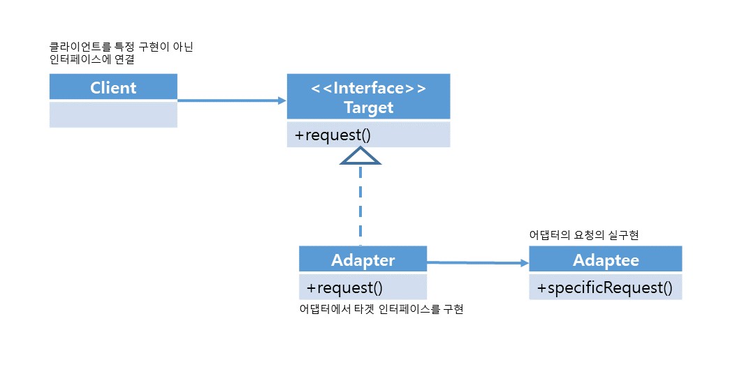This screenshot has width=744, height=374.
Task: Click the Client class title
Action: click(113, 88)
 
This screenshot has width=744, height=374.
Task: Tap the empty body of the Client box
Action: click(113, 114)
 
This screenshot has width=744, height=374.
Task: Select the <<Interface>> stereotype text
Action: click(368, 88)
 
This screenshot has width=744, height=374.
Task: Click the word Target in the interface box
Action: click(369, 107)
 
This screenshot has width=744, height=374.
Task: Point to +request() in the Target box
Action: click(333, 135)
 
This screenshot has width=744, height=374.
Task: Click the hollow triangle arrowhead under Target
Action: click(360, 156)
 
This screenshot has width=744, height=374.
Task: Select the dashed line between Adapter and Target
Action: click(360, 205)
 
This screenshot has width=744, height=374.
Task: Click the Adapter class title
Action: click(363, 260)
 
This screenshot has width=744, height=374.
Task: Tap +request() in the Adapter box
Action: click(344, 287)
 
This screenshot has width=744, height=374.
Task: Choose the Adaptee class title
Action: click(606, 260)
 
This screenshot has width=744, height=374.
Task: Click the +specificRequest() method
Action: click(605, 287)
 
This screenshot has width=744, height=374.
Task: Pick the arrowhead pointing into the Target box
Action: click(282, 100)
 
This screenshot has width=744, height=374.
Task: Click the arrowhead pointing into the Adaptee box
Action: click(525, 263)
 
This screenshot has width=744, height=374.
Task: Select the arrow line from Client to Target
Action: click(232, 100)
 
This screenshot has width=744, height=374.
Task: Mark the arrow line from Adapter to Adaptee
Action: click(478, 262)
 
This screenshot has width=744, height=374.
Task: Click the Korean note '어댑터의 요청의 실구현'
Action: click(583, 235)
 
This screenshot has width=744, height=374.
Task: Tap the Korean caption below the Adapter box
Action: click(381, 310)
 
